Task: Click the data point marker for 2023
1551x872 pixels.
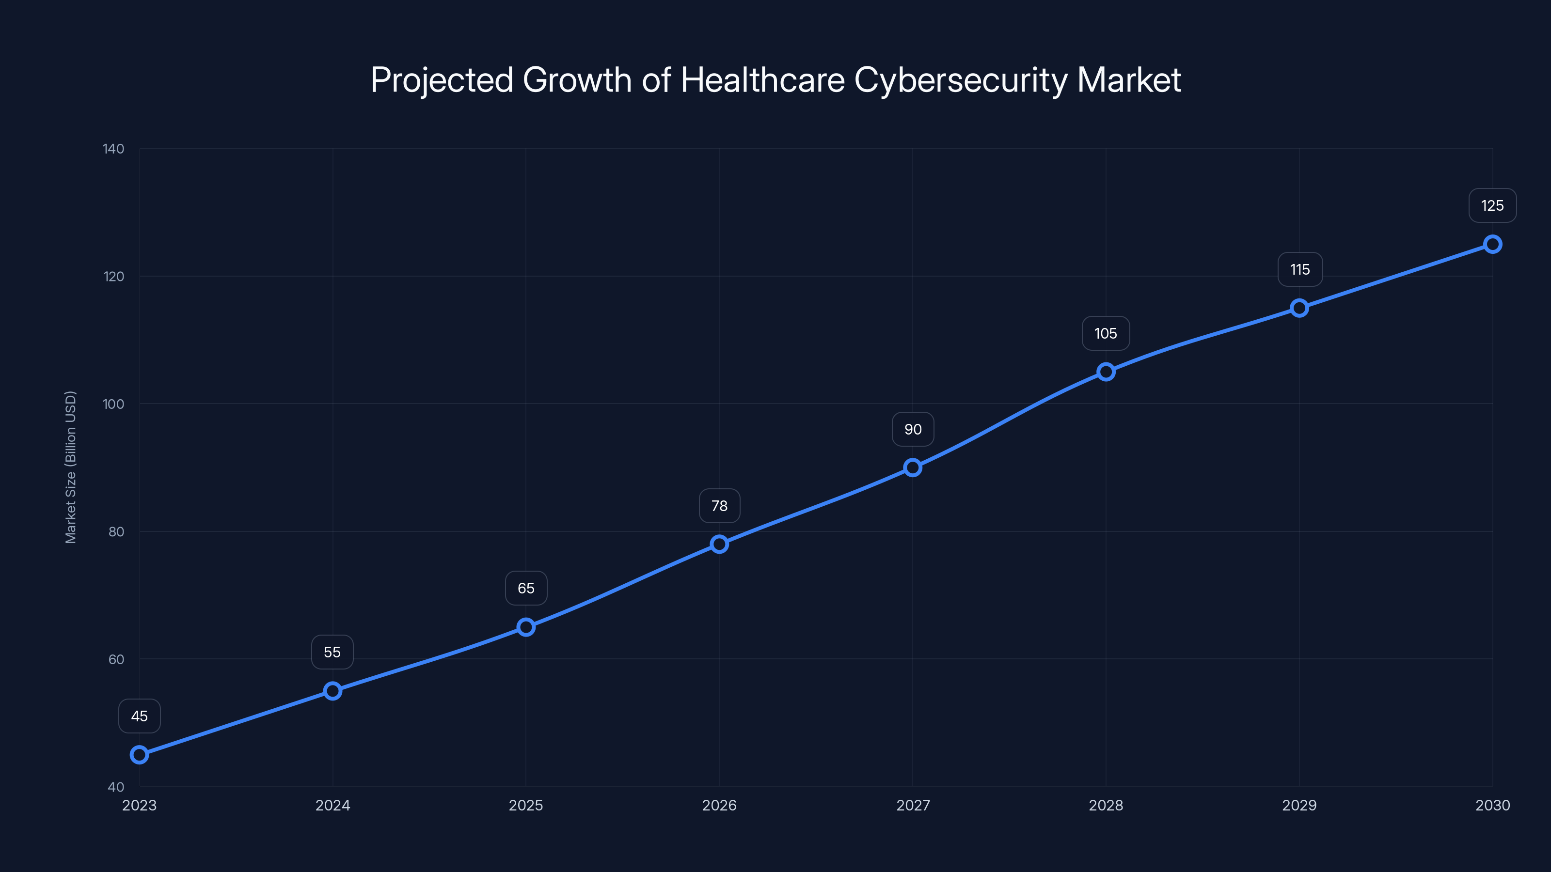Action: click(x=139, y=754)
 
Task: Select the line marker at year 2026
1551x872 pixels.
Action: click(x=719, y=544)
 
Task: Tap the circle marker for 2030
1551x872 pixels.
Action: click(x=1492, y=244)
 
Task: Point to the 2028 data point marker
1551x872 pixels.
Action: click(x=1106, y=372)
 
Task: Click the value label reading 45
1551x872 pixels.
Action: click(x=139, y=716)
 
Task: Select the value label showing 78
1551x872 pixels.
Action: click(x=719, y=506)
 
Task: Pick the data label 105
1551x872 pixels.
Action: click(x=1106, y=333)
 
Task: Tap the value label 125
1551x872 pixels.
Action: click(x=1492, y=206)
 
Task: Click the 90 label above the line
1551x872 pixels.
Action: click(x=913, y=430)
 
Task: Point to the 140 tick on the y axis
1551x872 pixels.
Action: click(x=113, y=149)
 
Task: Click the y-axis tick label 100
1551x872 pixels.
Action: click(x=113, y=404)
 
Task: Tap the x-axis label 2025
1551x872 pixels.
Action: click(x=525, y=805)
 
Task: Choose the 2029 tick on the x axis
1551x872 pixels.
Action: click(x=1299, y=805)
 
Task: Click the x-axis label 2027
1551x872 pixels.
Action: click(x=913, y=805)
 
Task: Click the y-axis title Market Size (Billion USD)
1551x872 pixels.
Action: click(x=70, y=467)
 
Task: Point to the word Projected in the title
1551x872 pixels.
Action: click(x=442, y=80)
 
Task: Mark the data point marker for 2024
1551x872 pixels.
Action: click(x=332, y=690)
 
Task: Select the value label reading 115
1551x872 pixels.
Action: click(x=1299, y=270)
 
